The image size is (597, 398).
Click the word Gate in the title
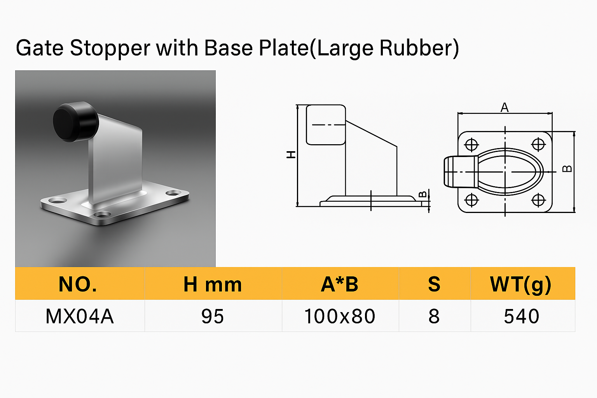click(x=40, y=48)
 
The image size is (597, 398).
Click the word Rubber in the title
click(x=417, y=48)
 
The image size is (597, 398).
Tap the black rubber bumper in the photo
click(x=76, y=122)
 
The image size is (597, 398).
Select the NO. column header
click(x=78, y=284)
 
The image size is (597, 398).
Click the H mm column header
click(x=213, y=284)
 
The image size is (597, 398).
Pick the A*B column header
click(x=340, y=284)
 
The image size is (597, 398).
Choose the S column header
click(x=434, y=284)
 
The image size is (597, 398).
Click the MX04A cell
click(x=80, y=316)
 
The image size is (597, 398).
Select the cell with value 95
click(x=213, y=316)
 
